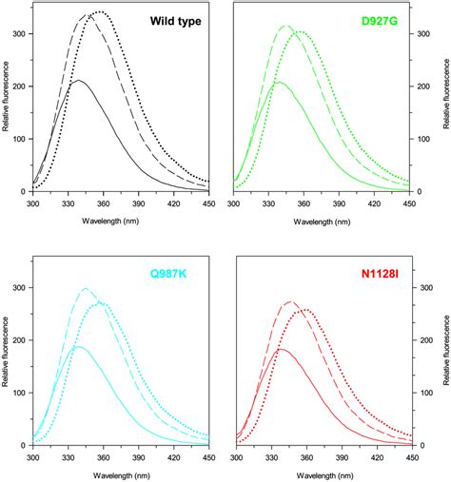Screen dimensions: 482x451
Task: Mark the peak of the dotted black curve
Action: [98, 12]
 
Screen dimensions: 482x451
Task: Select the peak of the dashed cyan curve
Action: [87, 288]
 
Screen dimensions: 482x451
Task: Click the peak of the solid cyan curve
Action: [77, 347]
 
